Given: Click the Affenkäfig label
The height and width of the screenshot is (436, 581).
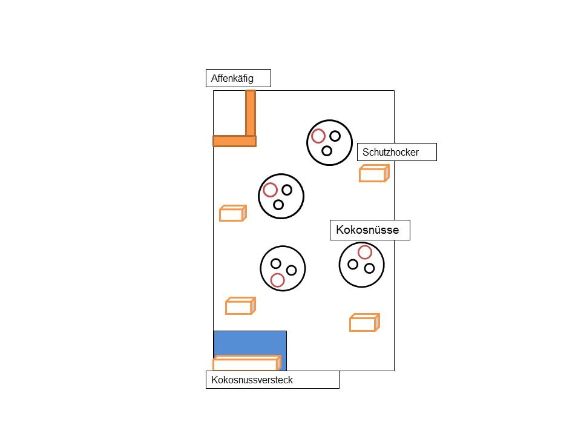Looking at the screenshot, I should point(238,78).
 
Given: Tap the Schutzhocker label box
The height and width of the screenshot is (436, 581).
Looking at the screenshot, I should point(396,152).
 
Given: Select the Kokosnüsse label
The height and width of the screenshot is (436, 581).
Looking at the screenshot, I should point(370,230).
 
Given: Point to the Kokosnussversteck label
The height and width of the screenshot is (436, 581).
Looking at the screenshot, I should point(272,380).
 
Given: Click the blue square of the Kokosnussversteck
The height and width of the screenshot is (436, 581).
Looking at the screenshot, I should point(250,343).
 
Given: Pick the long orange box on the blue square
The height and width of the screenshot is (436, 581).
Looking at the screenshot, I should point(247,363).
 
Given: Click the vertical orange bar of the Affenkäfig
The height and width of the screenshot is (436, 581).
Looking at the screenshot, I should point(251,113).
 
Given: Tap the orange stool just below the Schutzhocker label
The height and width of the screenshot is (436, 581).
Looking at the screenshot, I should point(373,174).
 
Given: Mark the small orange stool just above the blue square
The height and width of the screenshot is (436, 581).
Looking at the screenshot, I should point(240,306).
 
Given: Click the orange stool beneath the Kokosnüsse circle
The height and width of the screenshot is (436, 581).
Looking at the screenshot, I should point(364,323).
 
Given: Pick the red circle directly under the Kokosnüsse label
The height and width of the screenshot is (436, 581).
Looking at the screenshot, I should point(364,252).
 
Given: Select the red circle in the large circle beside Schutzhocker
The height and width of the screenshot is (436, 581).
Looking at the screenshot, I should point(318,136).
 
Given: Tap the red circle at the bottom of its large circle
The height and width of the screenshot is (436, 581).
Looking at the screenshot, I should point(277,280).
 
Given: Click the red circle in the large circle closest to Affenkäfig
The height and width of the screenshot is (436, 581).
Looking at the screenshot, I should point(270,190).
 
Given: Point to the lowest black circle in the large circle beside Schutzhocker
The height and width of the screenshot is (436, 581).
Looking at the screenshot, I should point(327,151).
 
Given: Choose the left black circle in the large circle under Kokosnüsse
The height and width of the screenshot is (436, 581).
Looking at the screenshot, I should point(353,264).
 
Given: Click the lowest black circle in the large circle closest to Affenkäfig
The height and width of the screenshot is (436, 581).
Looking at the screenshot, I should point(278,205).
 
